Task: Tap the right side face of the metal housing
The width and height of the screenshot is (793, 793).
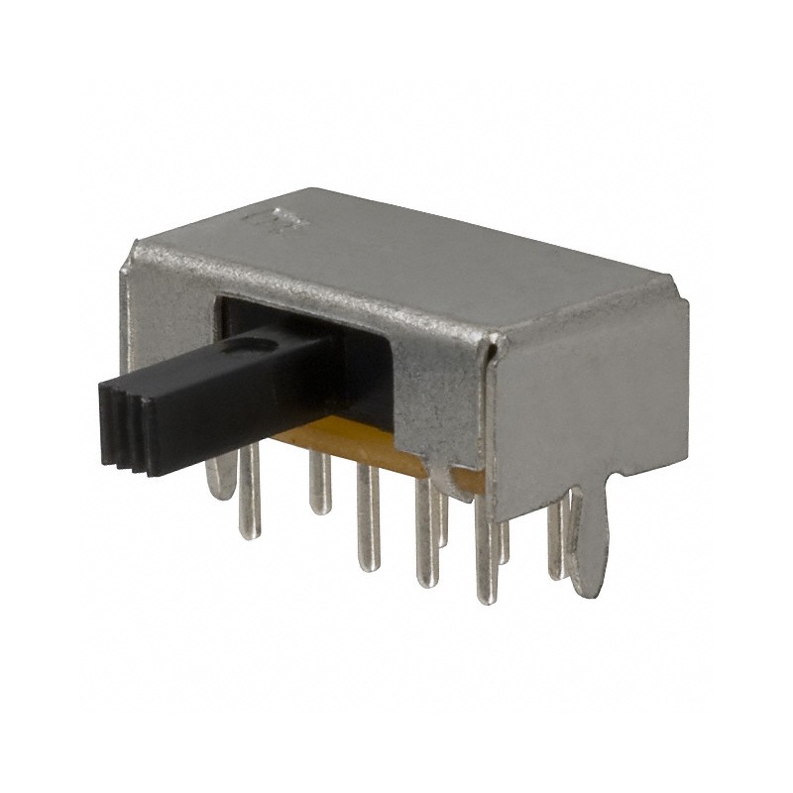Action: point(595,396)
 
